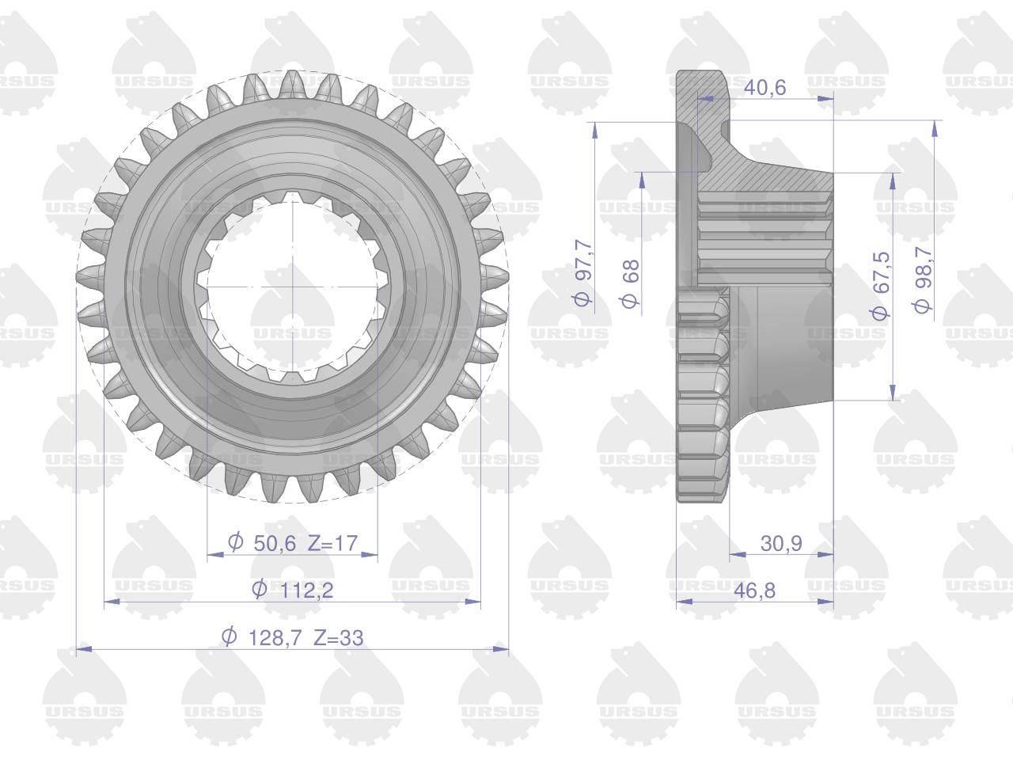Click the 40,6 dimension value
[x=764, y=87]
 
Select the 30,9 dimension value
[x=781, y=544]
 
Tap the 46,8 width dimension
[x=754, y=591]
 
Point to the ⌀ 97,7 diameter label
[x=583, y=272]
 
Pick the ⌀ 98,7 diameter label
[x=924, y=279]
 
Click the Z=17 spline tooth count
[x=332, y=543]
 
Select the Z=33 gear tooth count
[x=338, y=638]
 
